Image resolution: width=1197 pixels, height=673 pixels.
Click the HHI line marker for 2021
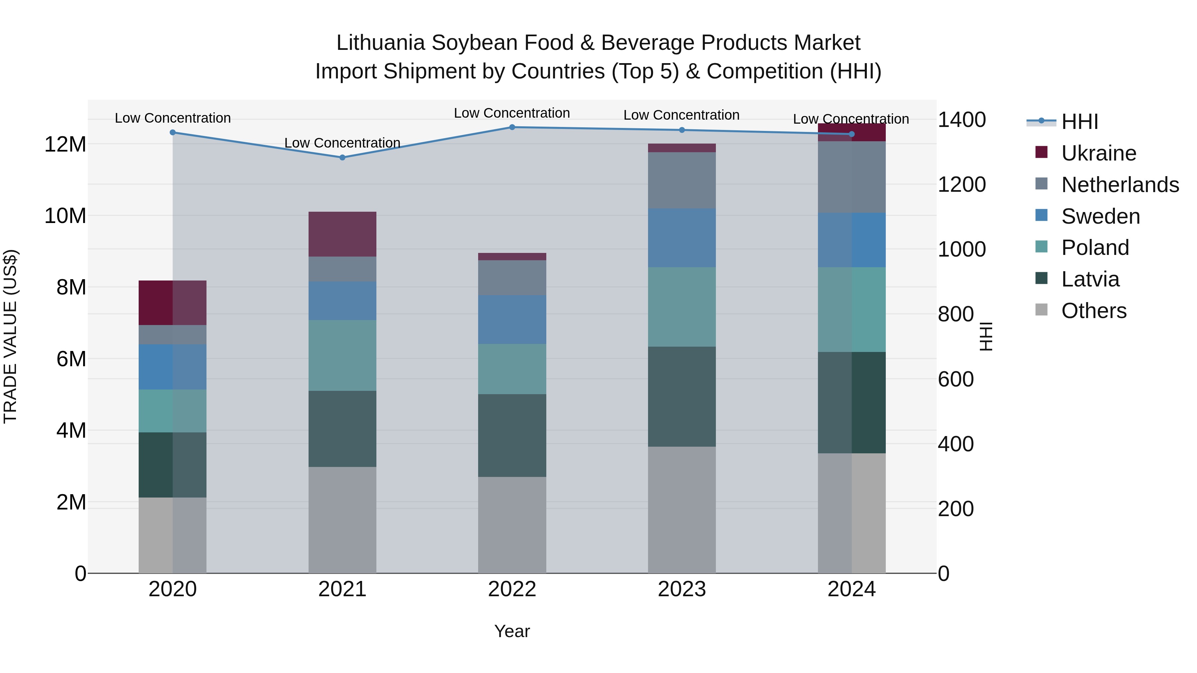[342, 158]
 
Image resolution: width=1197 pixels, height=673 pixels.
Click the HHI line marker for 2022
[512, 127]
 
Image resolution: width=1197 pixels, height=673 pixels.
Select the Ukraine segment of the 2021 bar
[342, 234]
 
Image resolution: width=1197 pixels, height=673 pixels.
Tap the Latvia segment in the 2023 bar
[682, 396]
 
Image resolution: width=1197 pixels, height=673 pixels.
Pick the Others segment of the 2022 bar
[512, 525]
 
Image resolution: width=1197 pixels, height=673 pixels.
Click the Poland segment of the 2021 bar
[342, 355]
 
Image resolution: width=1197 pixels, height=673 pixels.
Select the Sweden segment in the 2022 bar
[512, 319]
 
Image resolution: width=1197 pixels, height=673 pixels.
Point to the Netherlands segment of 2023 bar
[682, 180]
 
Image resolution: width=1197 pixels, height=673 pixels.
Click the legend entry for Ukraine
[1099, 153]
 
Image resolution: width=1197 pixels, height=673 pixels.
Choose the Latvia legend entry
[1090, 279]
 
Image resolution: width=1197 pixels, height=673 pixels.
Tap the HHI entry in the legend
[1079, 122]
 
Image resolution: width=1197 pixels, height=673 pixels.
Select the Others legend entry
[1094, 311]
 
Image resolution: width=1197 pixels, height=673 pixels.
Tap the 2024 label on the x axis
[851, 589]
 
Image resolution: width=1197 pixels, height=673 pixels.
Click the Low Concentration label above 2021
[342, 143]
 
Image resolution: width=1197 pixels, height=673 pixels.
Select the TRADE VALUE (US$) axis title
[10, 336]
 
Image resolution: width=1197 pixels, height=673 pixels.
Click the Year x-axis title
[512, 631]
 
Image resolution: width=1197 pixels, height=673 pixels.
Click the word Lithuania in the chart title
[380, 43]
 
